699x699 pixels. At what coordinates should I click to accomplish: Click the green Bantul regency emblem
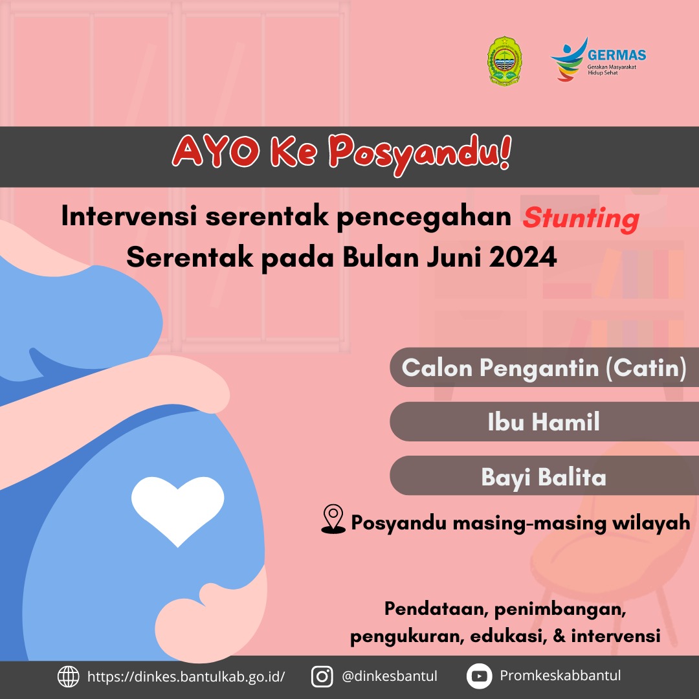coord(505,61)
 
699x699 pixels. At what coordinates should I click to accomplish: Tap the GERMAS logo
coord(598,60)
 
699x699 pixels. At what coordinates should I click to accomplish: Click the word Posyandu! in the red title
coord(420,154)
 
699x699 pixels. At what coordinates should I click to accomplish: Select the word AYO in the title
coord(216,151)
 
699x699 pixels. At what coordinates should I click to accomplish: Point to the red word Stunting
coord(581,219)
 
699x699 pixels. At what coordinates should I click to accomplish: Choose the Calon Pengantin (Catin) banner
coord(544,368)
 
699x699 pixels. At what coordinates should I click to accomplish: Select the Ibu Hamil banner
coord(544,422)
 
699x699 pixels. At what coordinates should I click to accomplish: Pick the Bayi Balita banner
coord(544,476)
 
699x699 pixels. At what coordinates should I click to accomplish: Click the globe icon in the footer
coord(68,676)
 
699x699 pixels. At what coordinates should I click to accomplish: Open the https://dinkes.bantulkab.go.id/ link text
coord(186,677)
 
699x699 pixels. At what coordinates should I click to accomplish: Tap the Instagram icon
coord(322,676)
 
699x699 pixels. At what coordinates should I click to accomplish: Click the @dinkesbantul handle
coord(390,676)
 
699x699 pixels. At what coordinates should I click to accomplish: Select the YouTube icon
coord(479,676)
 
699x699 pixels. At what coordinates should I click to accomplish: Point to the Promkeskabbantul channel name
coord(560,675)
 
